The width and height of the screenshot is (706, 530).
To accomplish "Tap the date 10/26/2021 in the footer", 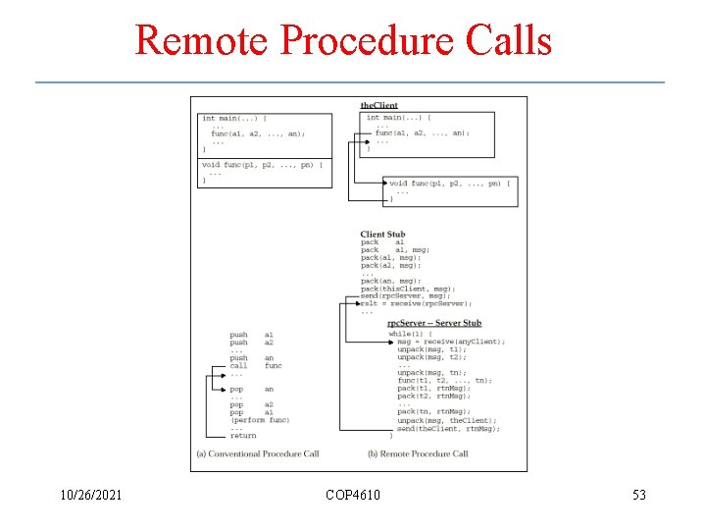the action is point(89,495).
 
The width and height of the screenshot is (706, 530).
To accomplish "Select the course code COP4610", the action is point(353,495).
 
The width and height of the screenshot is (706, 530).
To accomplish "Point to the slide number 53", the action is point(638,495).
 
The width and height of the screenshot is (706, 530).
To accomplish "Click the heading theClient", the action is point(378,105).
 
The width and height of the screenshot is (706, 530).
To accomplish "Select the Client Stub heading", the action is point(382,234).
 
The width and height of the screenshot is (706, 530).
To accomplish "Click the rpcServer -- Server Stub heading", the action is point(433,323).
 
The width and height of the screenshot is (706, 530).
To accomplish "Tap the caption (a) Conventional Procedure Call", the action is point(258,453).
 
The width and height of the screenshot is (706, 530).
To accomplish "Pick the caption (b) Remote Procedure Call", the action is point(417,453).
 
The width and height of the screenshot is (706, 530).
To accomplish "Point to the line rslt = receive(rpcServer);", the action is point(416,303).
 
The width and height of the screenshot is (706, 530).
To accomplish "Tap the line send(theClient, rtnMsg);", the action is point(448,428).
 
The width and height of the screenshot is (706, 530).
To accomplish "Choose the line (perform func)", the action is point(260,420).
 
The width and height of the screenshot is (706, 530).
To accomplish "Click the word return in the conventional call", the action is point(243,436).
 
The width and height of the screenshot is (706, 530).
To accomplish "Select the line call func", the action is point(255,365).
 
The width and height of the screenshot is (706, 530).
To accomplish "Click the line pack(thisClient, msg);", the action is point(408,289).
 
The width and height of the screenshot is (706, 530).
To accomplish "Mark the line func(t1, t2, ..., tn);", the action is point(444,381).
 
